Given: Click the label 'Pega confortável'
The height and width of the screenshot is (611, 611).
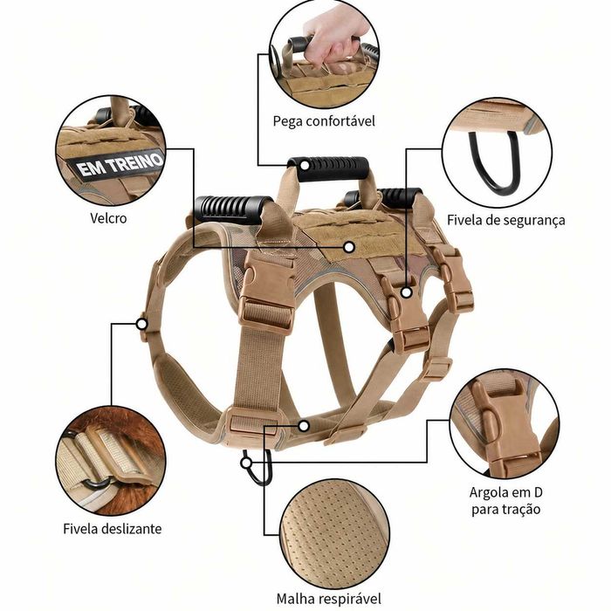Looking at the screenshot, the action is click(324, 121).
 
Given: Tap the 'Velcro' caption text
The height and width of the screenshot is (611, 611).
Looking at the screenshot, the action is click(108, 218).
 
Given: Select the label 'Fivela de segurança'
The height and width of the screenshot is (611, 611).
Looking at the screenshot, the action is click(505, 220).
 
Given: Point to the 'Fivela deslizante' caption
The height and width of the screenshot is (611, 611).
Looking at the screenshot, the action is click(113, 529).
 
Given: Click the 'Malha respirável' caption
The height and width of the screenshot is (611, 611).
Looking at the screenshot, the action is click(329, 599).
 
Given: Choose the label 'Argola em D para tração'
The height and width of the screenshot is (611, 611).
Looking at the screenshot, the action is click(505, 501).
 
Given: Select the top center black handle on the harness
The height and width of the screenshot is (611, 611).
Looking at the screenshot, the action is click(328, 168).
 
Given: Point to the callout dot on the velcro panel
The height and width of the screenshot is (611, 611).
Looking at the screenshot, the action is click(349, 247).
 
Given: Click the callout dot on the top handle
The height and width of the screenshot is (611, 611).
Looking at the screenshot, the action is click(305, 165).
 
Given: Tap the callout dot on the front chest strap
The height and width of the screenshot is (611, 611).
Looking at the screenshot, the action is click(141, 324).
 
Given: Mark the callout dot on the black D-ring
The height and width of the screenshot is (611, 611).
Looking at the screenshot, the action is click(245, 463).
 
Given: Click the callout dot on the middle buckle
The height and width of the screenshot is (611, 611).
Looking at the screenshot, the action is click(407, 292).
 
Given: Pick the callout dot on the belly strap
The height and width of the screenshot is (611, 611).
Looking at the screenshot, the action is click(304, 426).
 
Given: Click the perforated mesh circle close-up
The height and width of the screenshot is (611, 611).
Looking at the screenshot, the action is click(334, 533).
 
